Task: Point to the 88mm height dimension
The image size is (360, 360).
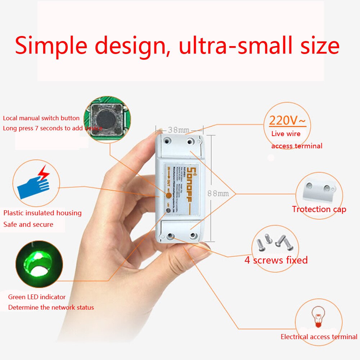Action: [x=218, y=193]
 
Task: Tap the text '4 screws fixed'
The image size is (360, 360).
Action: [x=276, y=260]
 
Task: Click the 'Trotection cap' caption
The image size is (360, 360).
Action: [x=319, y=209]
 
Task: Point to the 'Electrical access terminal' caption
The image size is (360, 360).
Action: [x=319, y=337]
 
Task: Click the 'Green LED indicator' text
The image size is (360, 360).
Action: [x=37, y=297]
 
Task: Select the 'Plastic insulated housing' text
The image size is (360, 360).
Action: [x=42, y=213]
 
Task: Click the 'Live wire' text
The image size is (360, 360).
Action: [x=286, y=134]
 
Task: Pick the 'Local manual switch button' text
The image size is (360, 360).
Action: [x=41, y=118]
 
